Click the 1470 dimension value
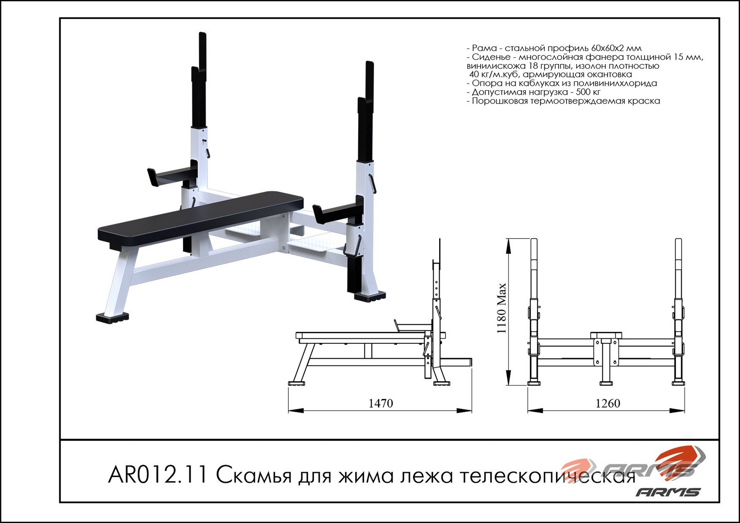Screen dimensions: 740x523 point(381,403)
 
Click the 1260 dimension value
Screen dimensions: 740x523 point(608,403)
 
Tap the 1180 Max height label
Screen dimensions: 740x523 point(501,308)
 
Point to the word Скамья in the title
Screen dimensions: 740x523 point(254,475)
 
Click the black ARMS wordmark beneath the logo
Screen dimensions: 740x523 point(668,492)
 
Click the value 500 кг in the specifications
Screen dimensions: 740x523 point(588,92)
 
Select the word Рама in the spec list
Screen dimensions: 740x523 point(484,48)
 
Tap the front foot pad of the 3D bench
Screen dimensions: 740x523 point(112,318)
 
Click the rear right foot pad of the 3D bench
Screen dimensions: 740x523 point(370,296)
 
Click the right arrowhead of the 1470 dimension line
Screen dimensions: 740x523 point(464,411)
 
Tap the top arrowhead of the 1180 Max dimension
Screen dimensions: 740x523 point(509,246)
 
